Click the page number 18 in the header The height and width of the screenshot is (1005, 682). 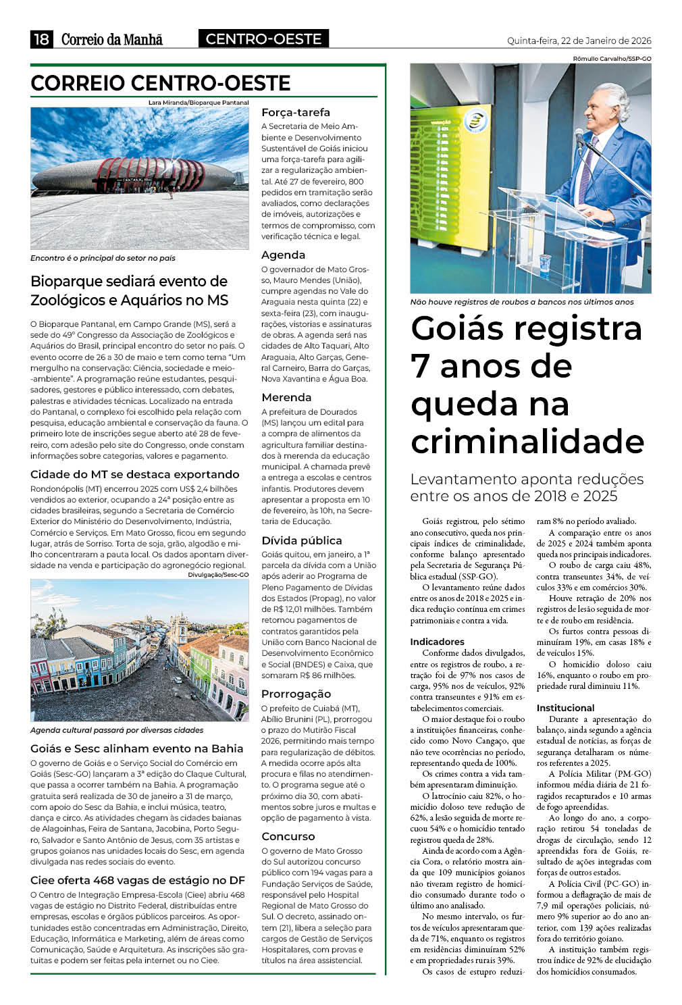41,39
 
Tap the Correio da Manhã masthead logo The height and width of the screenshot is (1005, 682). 112,39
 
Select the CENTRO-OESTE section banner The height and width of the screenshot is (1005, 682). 263,39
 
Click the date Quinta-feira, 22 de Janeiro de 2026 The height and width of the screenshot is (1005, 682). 579,41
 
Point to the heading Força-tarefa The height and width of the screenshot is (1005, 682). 296,112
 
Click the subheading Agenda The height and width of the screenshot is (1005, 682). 283,255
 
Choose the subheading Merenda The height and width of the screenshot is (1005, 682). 286,397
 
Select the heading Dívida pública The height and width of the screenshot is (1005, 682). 301,540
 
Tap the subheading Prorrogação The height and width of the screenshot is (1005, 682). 296,694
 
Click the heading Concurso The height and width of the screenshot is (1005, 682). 288,836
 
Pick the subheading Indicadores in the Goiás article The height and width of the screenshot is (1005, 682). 437,642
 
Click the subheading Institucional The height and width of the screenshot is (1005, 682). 565,708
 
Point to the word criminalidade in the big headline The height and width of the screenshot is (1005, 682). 527,442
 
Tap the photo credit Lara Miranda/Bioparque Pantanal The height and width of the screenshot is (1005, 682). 199,103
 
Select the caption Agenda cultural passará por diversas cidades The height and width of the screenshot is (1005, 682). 117,730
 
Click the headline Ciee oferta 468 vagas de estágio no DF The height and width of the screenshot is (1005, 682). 137,880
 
